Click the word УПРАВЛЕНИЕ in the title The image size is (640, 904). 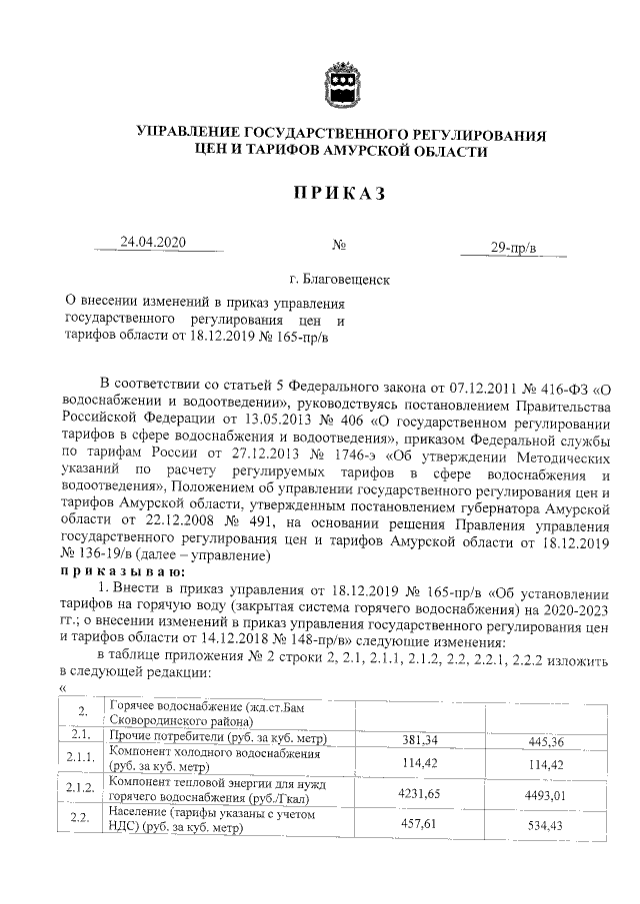pyautogui.click(x=189, y=133)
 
